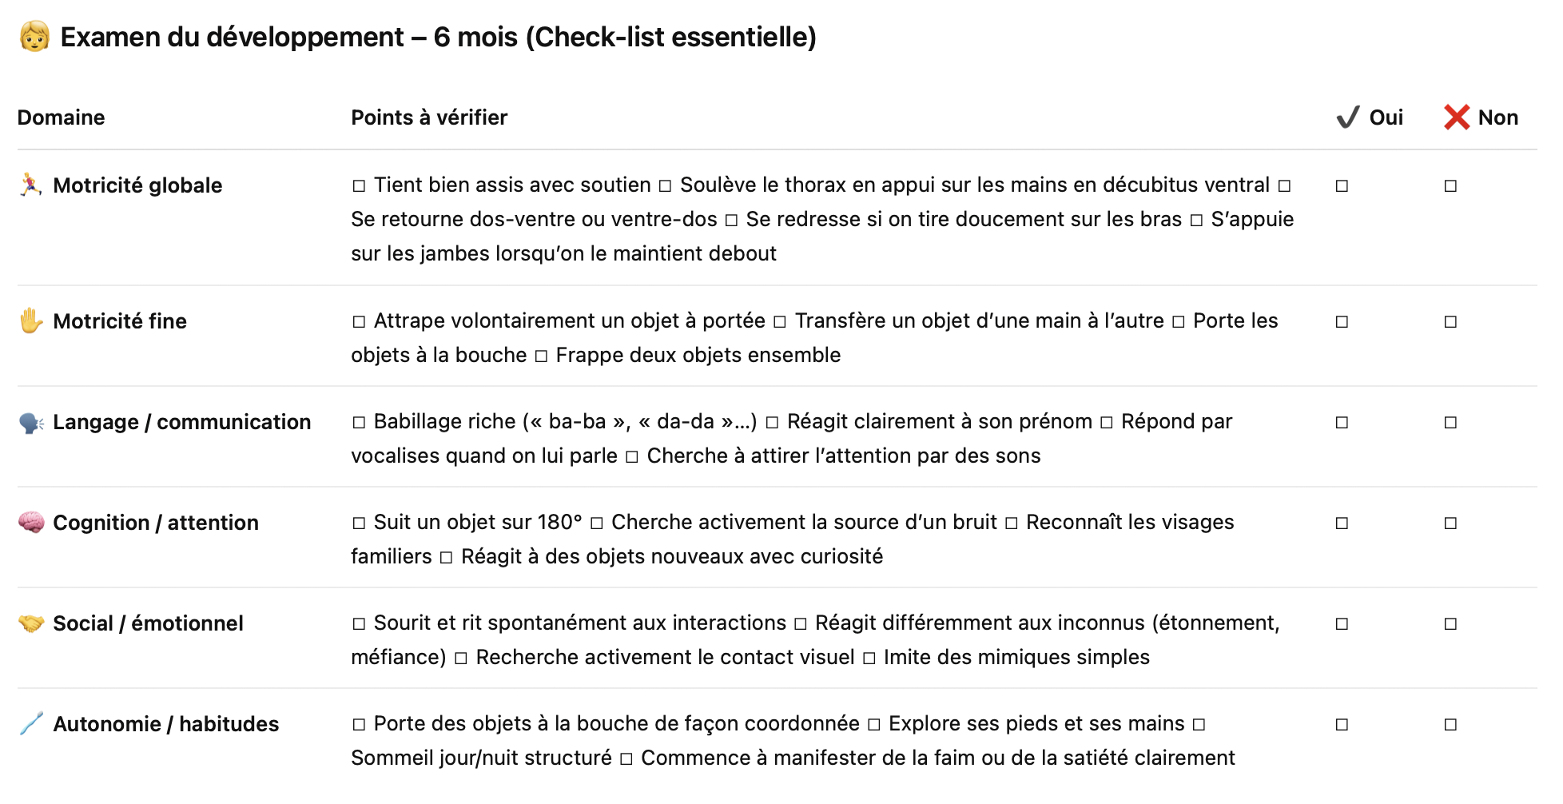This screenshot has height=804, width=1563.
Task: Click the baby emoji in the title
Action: tap(34, 37)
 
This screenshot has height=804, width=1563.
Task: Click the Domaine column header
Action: tap(61, 117)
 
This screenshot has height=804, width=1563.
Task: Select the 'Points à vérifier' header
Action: tap(429, 117)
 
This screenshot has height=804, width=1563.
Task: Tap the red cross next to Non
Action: tap(1457, 117)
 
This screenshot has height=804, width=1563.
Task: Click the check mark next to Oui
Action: tap(1347, 117)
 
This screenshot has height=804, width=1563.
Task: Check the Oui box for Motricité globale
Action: tap(1342, 186)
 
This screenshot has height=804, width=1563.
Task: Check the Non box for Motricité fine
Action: tap(1450, 322)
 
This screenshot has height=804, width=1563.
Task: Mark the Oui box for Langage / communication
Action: tap(1342, 423)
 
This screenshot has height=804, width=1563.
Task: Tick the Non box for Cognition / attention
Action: tap(1450, 523)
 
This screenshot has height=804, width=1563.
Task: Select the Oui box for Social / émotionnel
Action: tap(1342, 624)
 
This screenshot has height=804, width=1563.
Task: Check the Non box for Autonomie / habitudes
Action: tap(1450, 725)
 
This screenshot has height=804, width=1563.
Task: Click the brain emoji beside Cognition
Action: tap(31, 523)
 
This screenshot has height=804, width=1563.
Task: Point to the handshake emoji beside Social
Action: tap(31, 623)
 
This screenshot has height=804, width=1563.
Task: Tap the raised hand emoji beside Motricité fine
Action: tap(31, 321)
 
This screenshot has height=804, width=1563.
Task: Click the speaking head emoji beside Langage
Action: tap(31, 422)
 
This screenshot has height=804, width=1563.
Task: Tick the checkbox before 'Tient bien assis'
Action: tap(359, 186)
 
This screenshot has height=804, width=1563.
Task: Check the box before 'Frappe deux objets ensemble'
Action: tap(541, 356)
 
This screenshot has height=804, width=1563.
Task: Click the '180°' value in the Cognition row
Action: tap(559, 523)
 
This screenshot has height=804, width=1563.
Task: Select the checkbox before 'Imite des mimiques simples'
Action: tap(869, 659)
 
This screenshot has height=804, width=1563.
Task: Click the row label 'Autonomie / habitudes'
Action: tap(165, 724)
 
